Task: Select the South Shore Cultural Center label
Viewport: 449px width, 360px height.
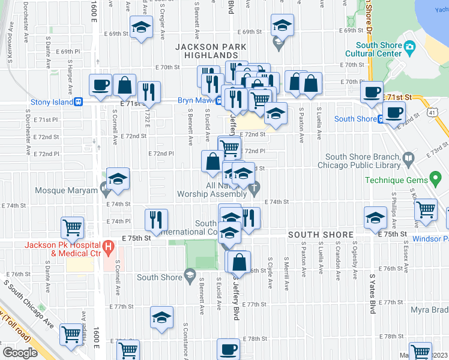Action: pos(378,49)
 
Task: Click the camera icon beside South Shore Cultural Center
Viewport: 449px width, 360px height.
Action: pos(410,47)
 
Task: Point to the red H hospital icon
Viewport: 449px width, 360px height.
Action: pos(108,246)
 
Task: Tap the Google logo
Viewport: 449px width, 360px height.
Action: pos(19,353)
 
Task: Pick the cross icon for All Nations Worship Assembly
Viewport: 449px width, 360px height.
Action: pos(254,188)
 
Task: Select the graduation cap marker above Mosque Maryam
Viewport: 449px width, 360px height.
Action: pos(118,179)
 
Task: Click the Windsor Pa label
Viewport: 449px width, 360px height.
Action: pos(432,239)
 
